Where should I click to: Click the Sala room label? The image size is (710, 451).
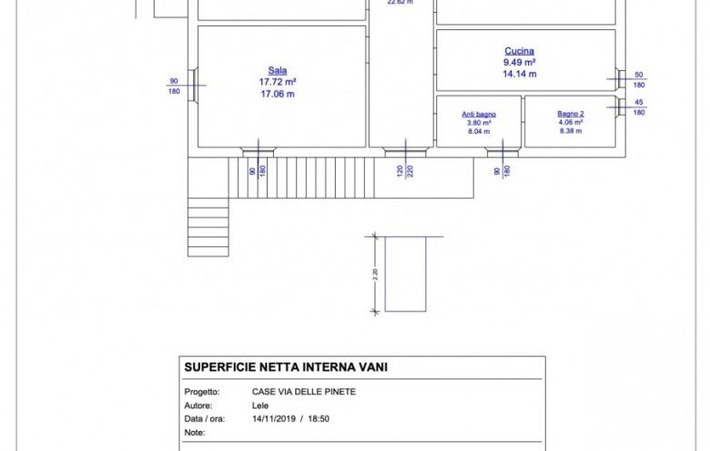[278, 70]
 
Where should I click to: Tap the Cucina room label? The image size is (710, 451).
[520, 51]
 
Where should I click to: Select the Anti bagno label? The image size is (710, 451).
[479, 114]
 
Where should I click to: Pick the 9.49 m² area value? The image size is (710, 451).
[520, 63]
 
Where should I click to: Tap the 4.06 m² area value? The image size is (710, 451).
[572, 122]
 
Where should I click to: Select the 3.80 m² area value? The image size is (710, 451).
[479, 122]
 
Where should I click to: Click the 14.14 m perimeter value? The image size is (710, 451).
[520, 75]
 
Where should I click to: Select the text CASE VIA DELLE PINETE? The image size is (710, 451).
[304, 392]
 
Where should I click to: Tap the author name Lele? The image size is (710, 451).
[260, 405]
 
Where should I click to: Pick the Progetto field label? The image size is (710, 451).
[201, 392]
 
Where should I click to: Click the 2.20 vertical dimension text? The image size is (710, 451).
[375, 273]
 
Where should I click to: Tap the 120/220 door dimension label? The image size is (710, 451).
[404, 170]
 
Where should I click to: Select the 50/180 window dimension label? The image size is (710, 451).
[639, 79]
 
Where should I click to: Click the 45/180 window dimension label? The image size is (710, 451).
[639, 107]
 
